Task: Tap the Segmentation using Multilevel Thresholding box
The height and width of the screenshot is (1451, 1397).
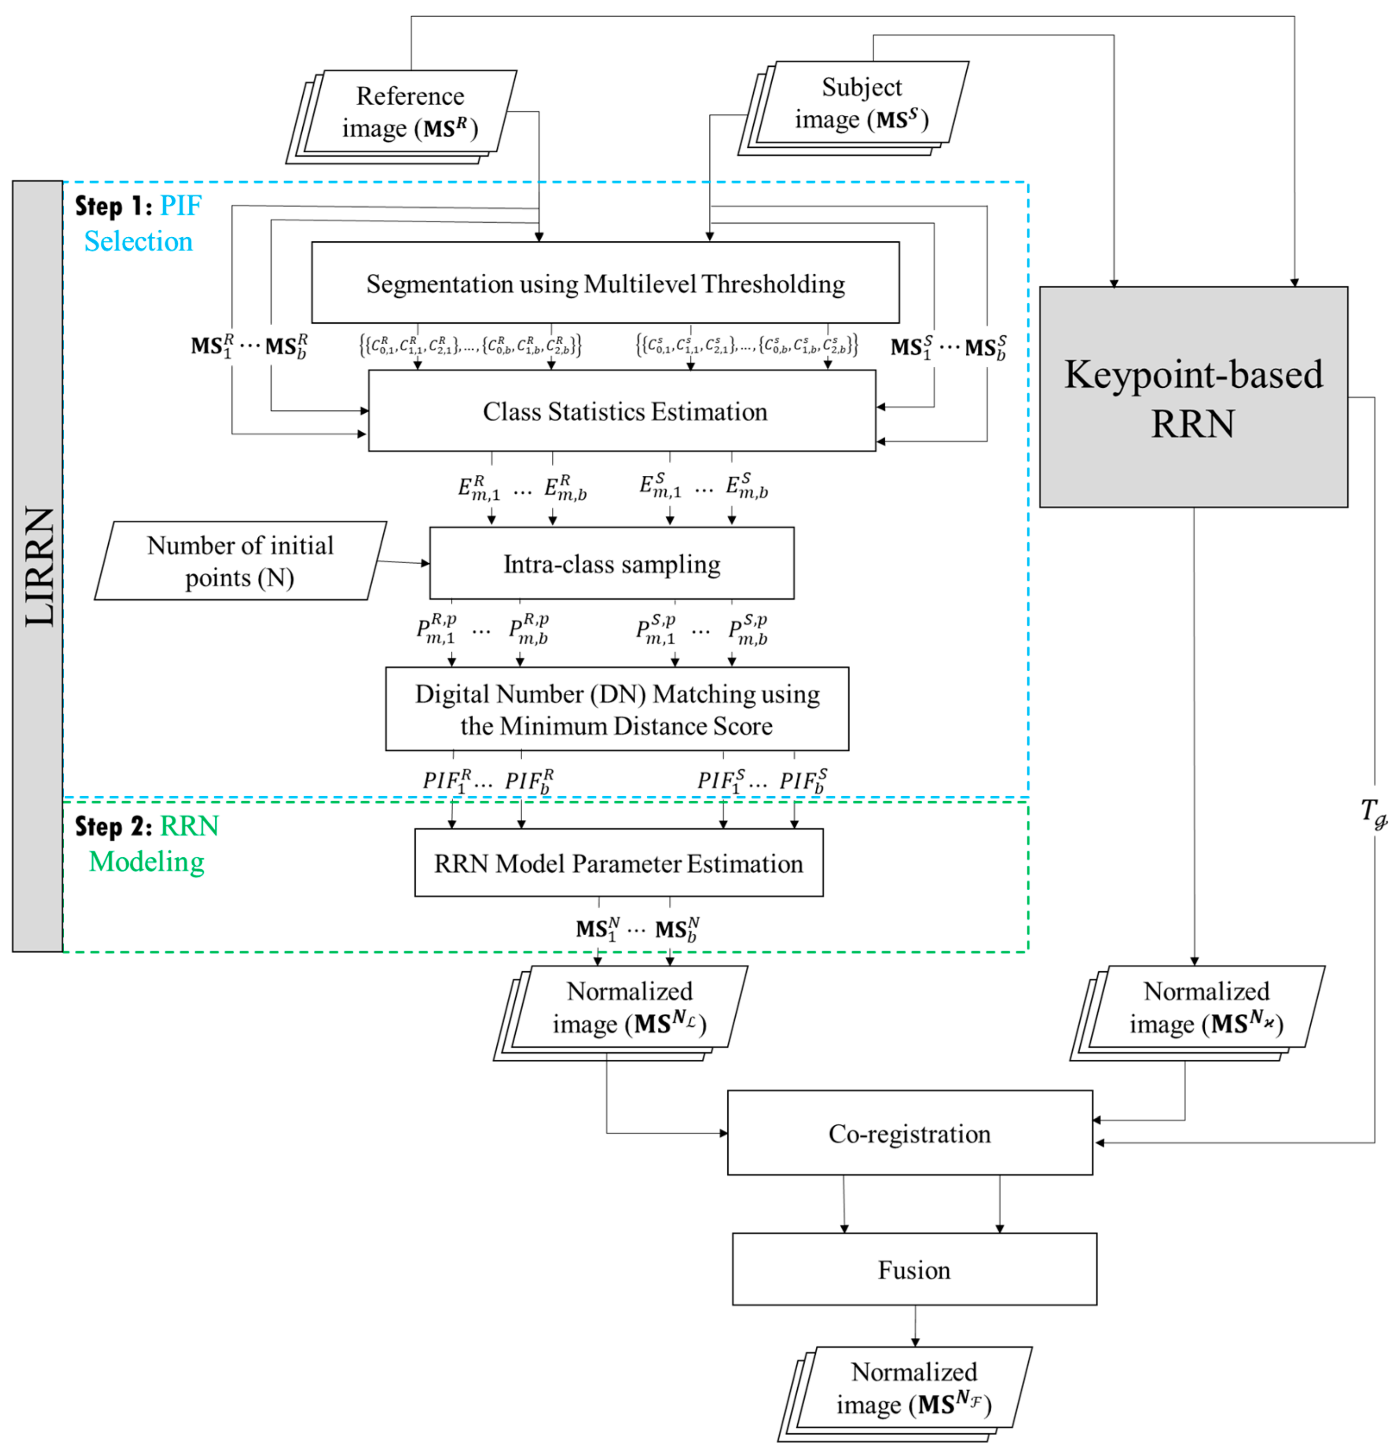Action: (605, 283)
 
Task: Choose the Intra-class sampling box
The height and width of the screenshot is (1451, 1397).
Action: (612, 564)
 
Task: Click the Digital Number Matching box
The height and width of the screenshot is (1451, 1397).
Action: (617, 709)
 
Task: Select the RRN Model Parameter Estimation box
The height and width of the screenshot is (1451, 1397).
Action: (618, 863)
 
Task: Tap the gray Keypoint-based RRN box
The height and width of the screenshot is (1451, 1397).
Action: (1193, 397)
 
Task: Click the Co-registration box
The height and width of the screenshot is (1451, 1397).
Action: (909, 1133)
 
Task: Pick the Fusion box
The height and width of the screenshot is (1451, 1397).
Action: (913, 1270)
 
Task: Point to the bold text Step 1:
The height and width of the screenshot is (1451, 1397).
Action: (113, 206)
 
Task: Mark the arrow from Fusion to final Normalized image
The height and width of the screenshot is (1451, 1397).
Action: (915, 1326)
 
